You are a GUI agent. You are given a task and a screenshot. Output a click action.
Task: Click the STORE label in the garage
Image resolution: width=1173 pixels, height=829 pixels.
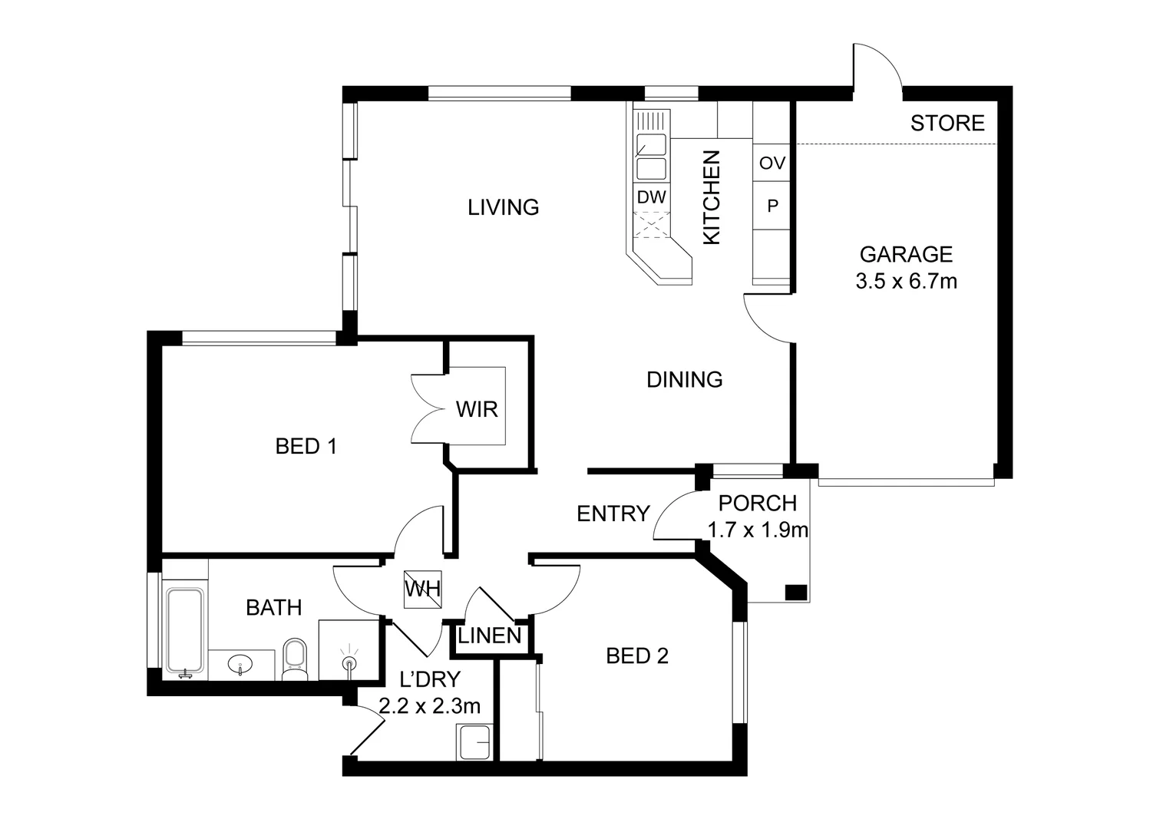coord(947,124)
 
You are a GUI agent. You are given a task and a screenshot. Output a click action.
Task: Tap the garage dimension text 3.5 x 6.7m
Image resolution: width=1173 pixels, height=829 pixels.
coord(907,282)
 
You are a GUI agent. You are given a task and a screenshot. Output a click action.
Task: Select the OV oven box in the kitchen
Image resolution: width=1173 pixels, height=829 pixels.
coord(772,163)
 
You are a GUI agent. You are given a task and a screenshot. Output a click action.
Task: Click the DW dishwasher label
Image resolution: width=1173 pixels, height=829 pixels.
coord(652,197)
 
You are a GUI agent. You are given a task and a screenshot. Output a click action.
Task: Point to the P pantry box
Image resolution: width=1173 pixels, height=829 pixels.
coord(772,206)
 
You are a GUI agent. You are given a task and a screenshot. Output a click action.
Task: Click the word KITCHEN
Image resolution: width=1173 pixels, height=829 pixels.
coord(712,197)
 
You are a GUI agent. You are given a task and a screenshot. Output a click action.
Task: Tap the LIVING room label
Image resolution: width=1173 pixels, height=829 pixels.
coord(504,207)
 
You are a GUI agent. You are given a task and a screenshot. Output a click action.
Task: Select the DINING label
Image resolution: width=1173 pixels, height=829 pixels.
coord(685,380)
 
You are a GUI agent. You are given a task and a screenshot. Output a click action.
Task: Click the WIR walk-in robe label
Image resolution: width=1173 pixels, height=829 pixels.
coord(477,410)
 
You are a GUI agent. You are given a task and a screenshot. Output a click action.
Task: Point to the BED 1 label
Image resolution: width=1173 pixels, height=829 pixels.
coord(306,447)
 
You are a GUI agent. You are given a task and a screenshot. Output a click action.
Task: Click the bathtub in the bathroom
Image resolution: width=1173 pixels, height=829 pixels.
coord(184,631)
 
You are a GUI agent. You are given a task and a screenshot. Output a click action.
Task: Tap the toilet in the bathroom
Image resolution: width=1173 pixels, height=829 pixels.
coord(295,659)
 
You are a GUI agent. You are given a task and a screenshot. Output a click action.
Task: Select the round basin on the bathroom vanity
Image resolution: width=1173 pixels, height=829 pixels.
coord(240,665)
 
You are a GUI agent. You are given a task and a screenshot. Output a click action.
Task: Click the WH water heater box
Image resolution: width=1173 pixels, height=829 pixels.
coord(422,590)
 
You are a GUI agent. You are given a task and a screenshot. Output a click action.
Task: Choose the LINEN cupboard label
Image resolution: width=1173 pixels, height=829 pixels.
coord(490,636)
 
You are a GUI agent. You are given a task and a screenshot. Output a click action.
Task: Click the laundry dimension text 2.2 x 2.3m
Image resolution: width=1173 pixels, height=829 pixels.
coord(429,707)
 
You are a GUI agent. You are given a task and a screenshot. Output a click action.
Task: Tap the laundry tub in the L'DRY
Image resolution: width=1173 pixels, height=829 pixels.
coord(474,742)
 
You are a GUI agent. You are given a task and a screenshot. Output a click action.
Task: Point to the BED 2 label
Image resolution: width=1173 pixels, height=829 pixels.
coord(637,656)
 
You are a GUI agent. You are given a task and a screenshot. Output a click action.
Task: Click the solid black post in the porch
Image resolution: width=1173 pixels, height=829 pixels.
coord(796,593)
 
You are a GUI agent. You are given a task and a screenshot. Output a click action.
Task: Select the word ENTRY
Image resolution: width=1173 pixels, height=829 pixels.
coord(613,514)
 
